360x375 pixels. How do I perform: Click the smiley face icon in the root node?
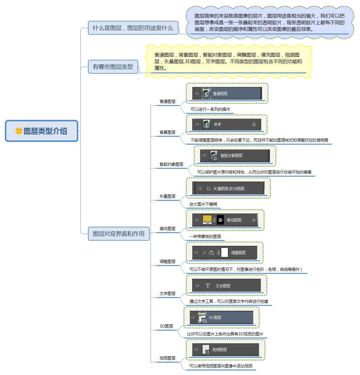pos(19,131)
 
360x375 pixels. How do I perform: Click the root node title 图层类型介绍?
pos(45,131)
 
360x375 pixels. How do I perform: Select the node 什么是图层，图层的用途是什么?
pos(133,28)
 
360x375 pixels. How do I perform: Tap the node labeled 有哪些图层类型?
pos(113,67)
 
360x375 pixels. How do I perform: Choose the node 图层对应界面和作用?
pos(118,234)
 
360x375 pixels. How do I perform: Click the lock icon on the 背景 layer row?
pos(254,124)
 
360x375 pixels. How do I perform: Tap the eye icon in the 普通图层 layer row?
pos(197,93)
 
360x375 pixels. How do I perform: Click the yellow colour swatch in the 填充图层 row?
pos(207,219)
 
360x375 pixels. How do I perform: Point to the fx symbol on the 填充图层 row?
pos(254,220)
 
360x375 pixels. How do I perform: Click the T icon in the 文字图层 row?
pos(208,286)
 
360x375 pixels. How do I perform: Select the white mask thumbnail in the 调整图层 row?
pos(224,252)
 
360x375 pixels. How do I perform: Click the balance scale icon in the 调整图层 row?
pos(211,252)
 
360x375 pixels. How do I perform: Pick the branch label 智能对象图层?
pos(171,164)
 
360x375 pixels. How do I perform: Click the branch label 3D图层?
pos(166,326)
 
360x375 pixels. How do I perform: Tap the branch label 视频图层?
pos(167,358)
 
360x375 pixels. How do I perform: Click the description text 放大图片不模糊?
pos(203,204)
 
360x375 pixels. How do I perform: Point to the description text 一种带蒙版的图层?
pos(205,236)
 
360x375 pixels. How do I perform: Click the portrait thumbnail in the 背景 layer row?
pos(206,124)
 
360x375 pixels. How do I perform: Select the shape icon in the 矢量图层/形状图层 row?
pos(208,188)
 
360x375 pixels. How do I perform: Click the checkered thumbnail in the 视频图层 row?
pos(206,349)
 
